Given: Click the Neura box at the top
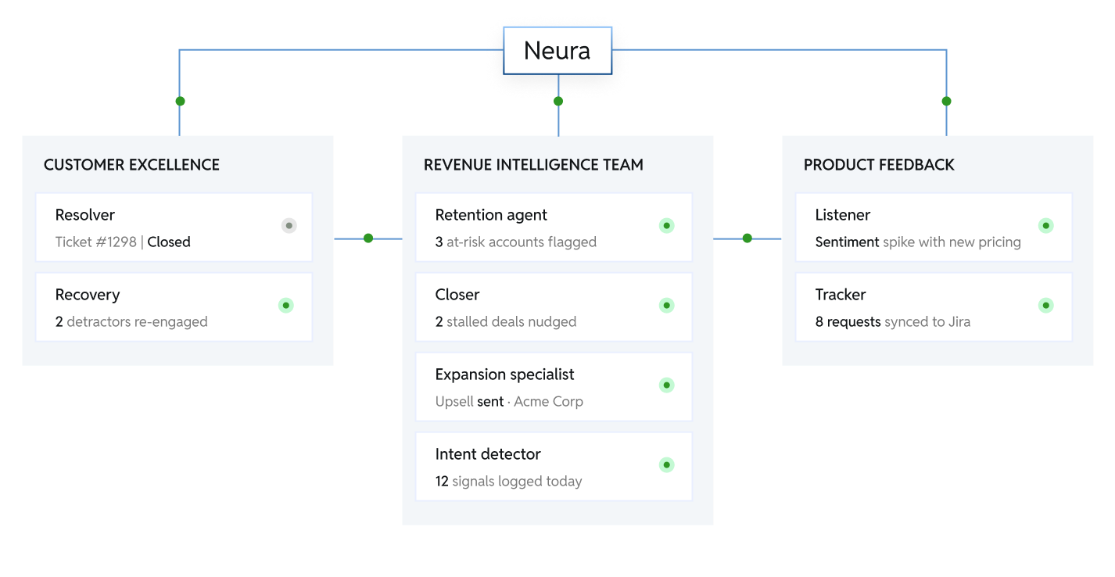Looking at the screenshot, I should pyautogui.click(x=557, y=51).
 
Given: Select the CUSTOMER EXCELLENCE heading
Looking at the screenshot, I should pyautogui.click(x=131, y=165).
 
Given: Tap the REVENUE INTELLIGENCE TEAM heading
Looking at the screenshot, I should pyautogui.click(x=533, y=165).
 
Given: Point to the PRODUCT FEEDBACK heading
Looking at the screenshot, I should pyautogui.click(x=879, y=165).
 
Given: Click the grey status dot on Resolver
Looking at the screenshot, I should pyautogui.click(x=289, y=226).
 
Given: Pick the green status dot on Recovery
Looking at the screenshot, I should pyautogui.click(x=286, y=306).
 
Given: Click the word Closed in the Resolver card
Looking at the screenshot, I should pyautogui.click(x=169, y=242).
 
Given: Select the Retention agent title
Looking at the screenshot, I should pyautogui.click(x=491, y=215).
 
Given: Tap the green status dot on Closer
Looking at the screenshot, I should pyautogui.click(x=667, y=306).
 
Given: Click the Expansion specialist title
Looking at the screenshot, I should pyautogui.click(x=504, y=375).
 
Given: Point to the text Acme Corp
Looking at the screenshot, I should pyautogui.click(x=548, y=401).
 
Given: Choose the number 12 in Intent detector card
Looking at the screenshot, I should pyautogui.click(x=442, y=481).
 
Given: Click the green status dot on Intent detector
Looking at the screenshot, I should pyautogui.click(x=667, y=465).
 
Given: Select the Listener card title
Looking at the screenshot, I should pyautogui.click(x=842, y=215).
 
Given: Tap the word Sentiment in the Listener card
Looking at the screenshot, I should pyautogui.click(x=847, y=242).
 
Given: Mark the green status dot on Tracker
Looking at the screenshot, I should pyautogui.click(x=1046, y=306).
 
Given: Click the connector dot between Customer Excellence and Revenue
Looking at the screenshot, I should pyautogui.click(x=368, y=238).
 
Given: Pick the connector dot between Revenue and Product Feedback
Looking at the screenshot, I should pyautogui.click(x=748, y=238).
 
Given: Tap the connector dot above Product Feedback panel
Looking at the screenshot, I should pyautogui.click(x=946, y=102).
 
